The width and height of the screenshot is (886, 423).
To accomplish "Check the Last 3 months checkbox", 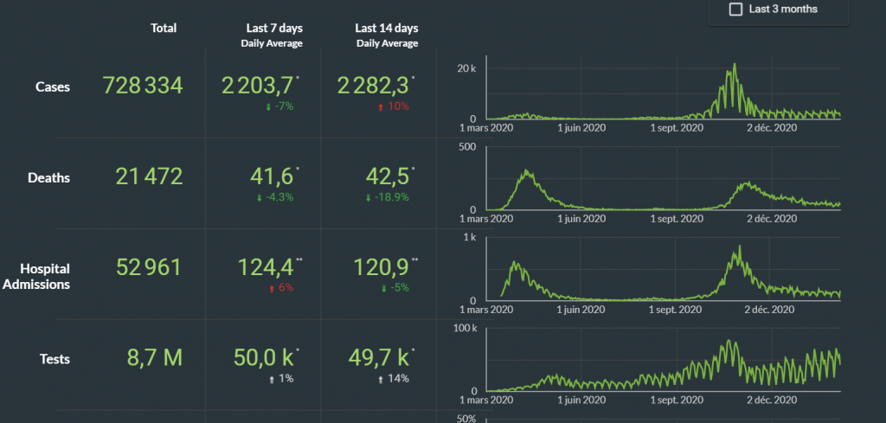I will pos(736,10).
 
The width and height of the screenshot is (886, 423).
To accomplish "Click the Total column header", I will pos(164,29).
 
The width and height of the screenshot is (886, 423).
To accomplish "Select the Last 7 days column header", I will pos(271,29).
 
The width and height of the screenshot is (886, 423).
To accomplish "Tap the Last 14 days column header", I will pos(387,29).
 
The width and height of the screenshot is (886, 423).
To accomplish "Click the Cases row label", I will pos(53,87).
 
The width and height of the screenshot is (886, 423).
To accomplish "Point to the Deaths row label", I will pos(49,178).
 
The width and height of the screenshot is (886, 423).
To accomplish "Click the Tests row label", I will pos(55,359).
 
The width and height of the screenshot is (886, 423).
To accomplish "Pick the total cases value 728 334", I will pos(143,86).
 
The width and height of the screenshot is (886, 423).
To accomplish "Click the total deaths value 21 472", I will pos(149,177).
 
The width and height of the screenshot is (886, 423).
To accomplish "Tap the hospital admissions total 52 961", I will pos(149,267).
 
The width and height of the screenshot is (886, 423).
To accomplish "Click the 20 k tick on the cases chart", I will pos(467,68).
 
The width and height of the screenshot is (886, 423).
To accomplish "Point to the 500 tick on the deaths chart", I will pos(466,146).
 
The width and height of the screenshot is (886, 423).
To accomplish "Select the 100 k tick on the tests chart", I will pos(465,328).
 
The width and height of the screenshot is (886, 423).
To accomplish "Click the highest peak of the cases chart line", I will pos(735,64).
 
